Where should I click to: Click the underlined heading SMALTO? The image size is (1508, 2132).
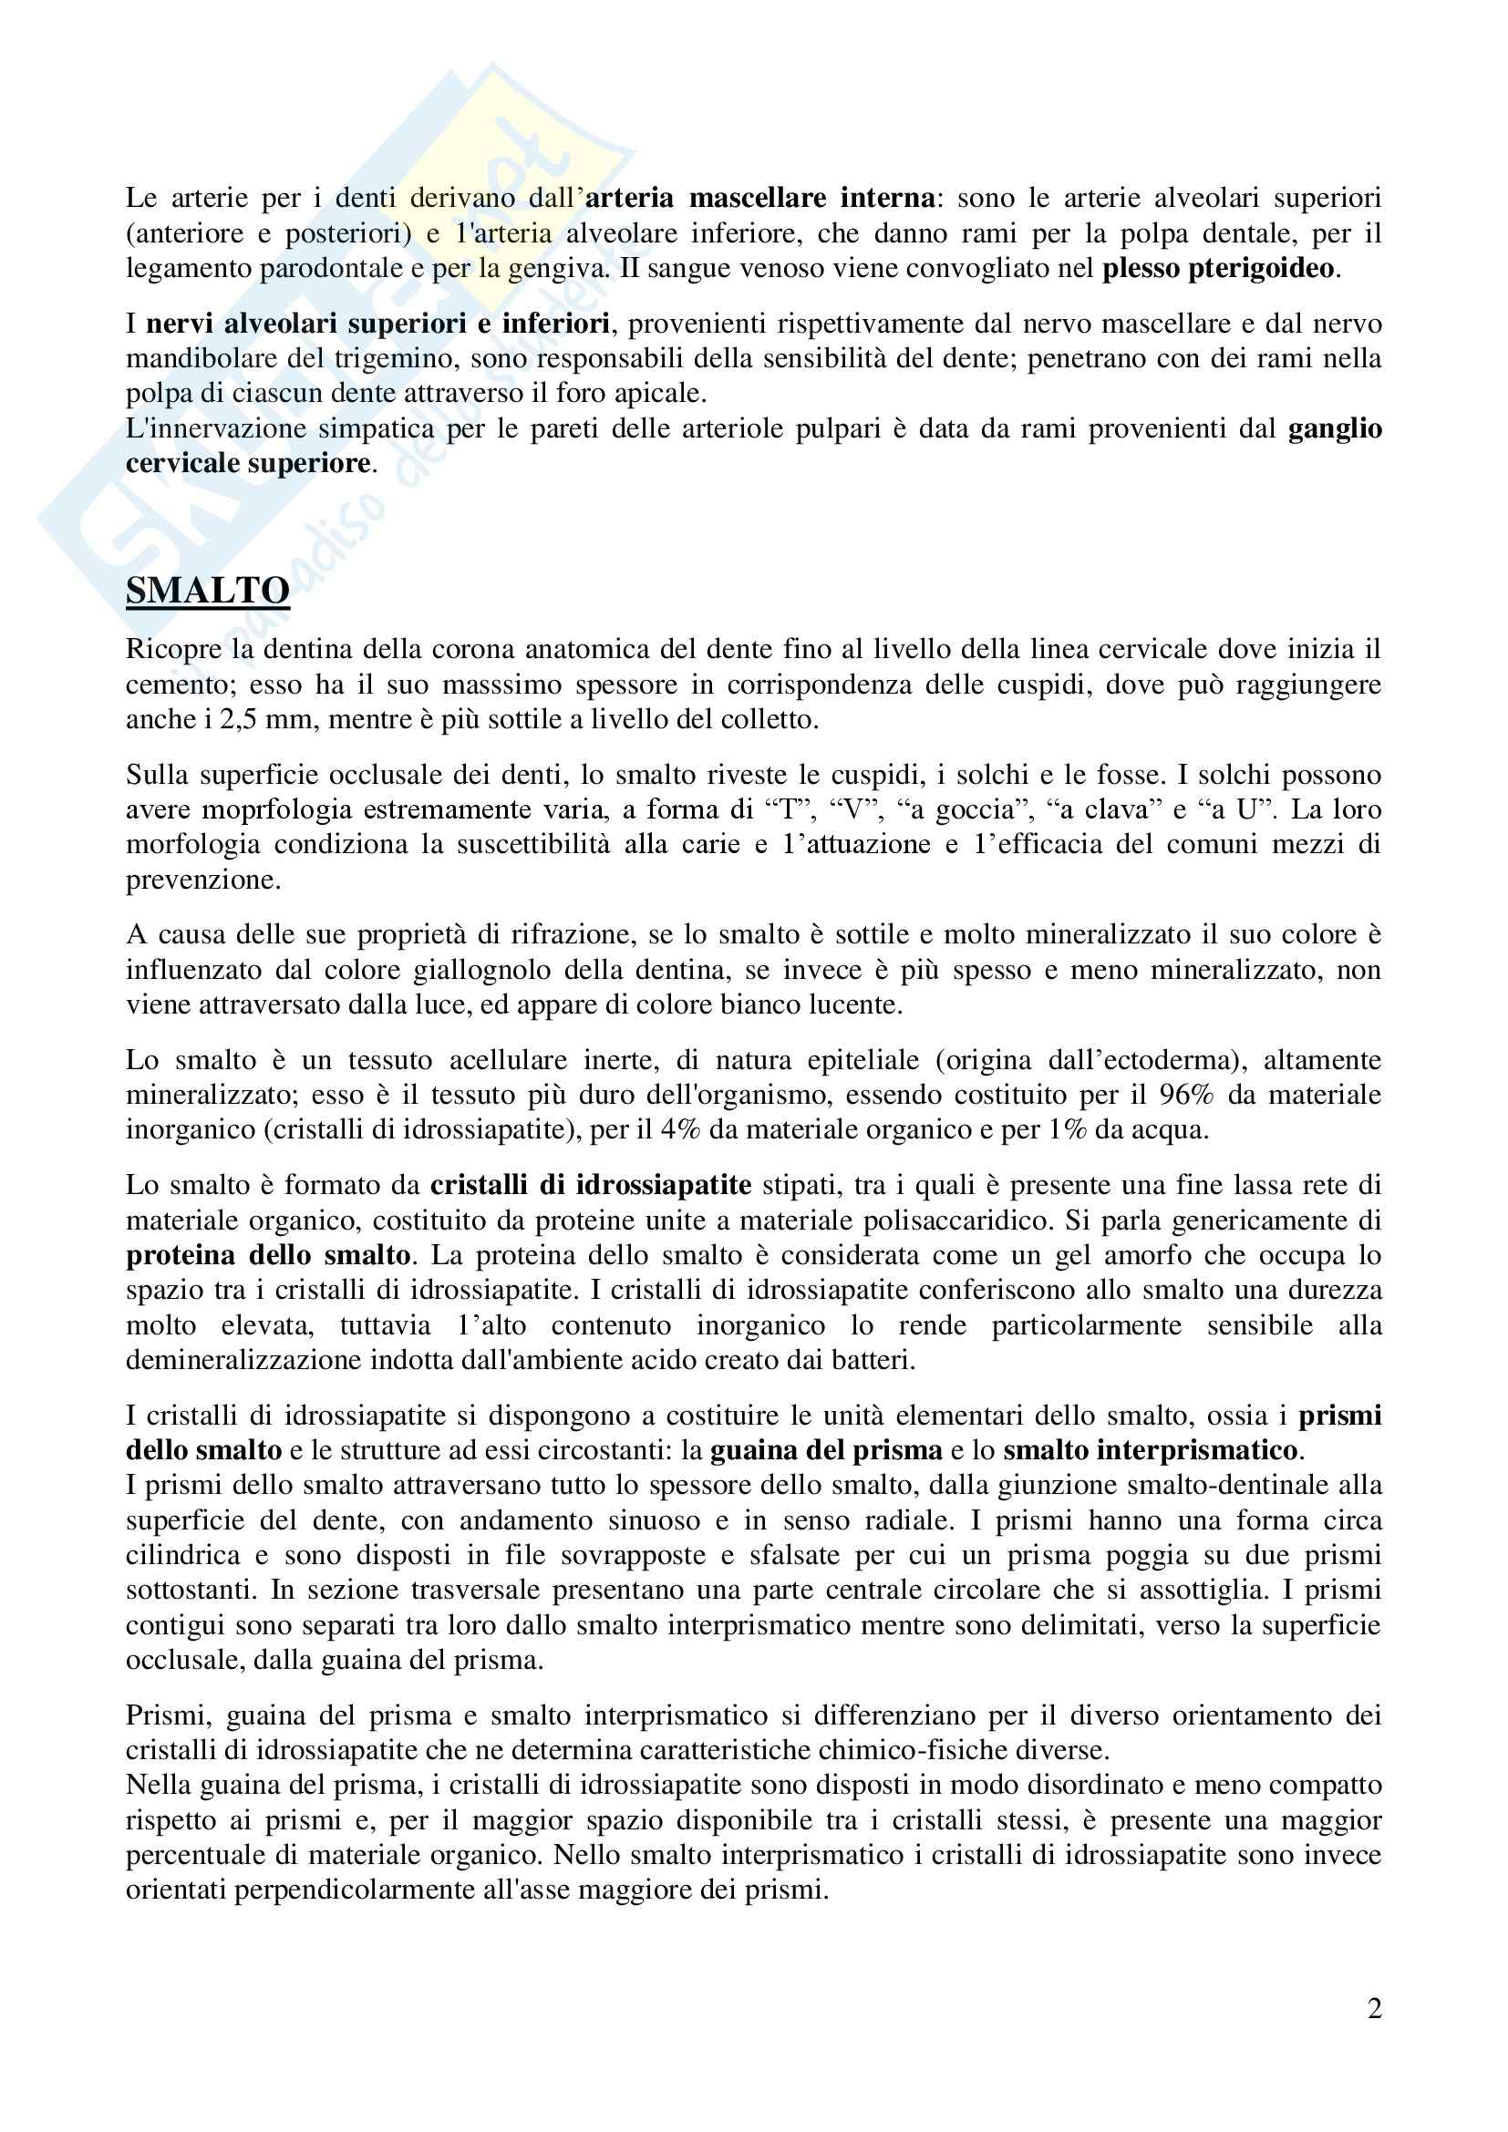(x=207, y=592)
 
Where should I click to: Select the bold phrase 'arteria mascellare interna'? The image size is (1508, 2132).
(x=760, y=198)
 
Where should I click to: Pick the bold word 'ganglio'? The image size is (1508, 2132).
(x=1335, y=429)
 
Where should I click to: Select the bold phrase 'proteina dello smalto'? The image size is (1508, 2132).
(x=268, y=1255)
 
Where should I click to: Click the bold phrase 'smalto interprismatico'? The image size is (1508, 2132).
(x=1150, y=1450)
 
